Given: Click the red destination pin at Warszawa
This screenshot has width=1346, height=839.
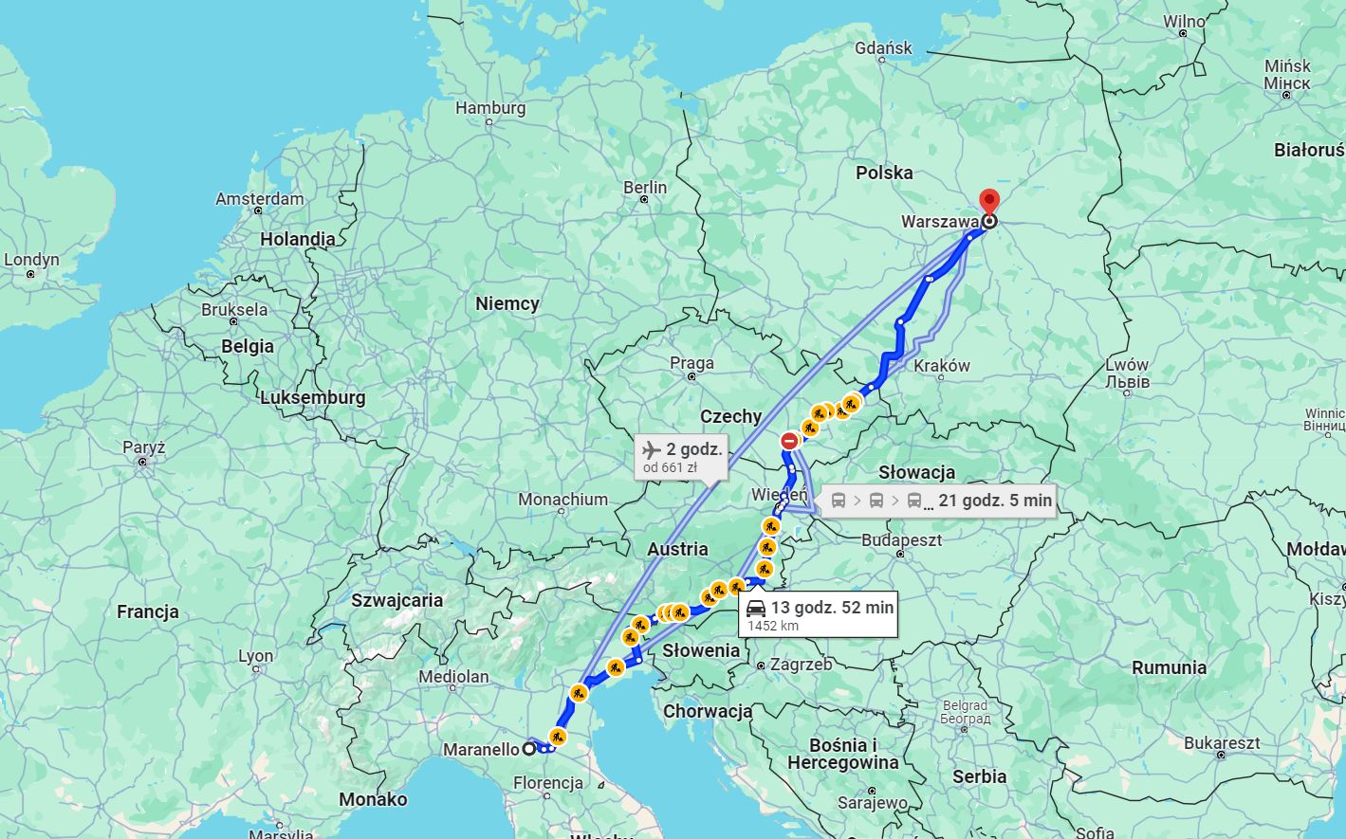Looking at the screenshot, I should click(989, 201).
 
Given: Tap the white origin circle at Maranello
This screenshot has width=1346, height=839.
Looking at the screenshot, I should click(529, 749).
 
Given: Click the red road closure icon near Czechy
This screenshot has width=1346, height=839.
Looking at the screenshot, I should click(789, 441).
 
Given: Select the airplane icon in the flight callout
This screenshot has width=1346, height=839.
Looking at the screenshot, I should click(651, 448).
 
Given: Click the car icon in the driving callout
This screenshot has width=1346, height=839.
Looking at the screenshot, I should click(756, 608).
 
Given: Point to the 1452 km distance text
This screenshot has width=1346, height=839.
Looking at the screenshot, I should click(773, 626).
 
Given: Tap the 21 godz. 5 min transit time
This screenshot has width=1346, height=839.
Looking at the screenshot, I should click(995, 501).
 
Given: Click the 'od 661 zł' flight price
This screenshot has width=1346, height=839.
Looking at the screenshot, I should click(670, 467).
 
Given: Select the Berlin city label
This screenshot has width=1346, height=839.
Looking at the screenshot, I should click(645, 188).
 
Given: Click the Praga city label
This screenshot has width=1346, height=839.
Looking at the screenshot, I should click(691, 363).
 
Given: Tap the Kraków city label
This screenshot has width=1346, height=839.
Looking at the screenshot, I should click(941, 366).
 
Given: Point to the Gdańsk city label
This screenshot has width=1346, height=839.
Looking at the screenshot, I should click(883, 47).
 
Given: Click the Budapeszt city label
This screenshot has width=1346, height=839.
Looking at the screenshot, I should click(901, 539).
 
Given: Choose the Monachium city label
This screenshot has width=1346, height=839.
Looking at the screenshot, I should click(562, 500).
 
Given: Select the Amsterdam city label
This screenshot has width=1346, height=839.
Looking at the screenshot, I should click(259, 199).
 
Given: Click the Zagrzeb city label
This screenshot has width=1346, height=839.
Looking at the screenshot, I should click(801, 665).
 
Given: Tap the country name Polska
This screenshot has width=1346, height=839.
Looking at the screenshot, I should click(884, 173).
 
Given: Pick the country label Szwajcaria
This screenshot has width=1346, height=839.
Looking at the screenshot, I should click(396, 600).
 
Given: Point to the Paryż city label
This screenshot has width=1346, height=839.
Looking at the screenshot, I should click(143, 447).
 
